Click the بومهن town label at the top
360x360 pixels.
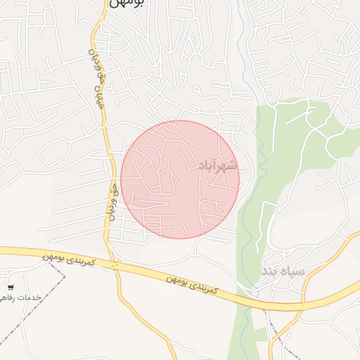tap(127, 4)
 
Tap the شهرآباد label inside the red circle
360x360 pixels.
tap(217, 166)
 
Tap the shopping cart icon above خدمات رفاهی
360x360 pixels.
tap(10, 288)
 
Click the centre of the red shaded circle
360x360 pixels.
tap(180, 179)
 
